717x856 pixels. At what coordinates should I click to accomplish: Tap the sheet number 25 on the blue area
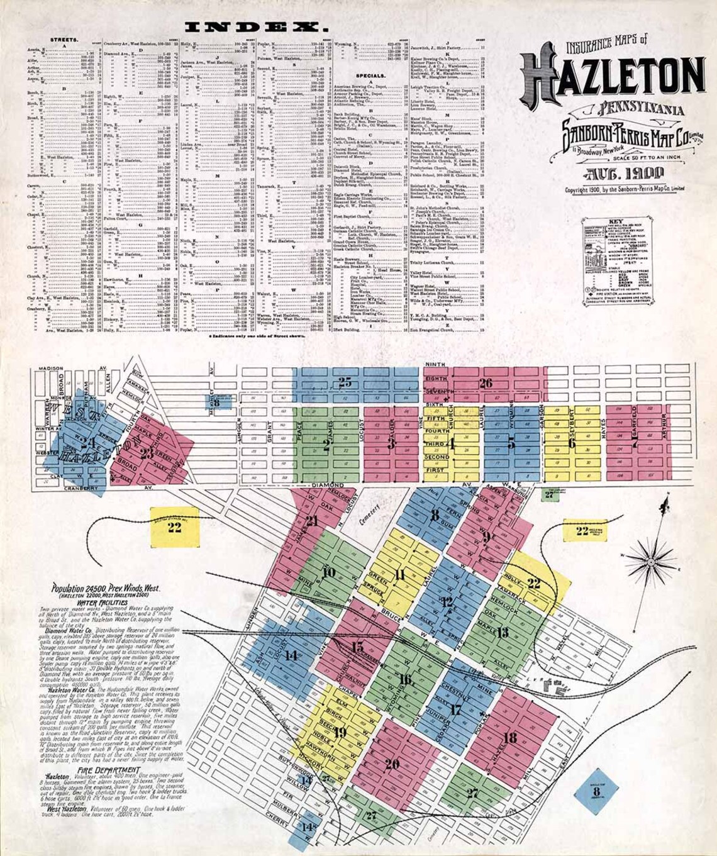click(345, 382)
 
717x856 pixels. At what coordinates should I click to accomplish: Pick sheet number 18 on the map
click(510, 737)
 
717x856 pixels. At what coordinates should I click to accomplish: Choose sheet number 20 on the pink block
click(392, 764)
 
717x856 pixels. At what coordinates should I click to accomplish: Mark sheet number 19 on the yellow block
click(340, 732)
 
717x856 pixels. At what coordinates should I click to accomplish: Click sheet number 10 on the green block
click(328, 572)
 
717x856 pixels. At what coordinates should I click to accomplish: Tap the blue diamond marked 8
click(596, 791)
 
